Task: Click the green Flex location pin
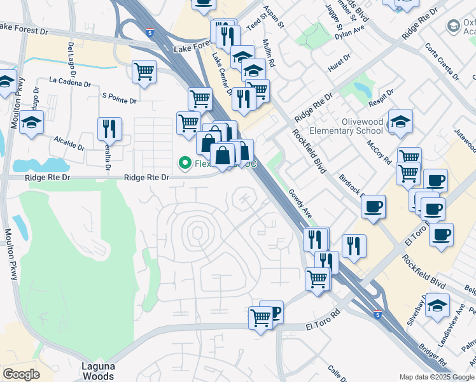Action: tap(186, 164)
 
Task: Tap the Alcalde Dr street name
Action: tap(69, 141)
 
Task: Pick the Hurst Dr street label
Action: tap(339, 64)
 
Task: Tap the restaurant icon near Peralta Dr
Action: tap(109, 129)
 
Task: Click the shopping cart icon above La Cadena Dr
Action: tap(144, 72)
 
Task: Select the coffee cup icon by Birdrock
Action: tap(373, 207)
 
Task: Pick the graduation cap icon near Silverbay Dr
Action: tap(437, 305)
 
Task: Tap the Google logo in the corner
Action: tap(21, 374)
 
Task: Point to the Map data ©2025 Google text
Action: tap(436, 377)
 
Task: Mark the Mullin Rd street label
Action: tap(270, 55)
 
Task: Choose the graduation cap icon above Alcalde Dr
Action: tap(31, 123)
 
